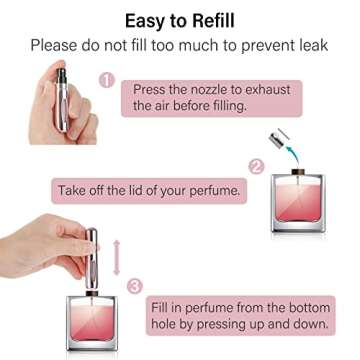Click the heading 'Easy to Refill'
click(180, 20)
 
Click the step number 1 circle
click(107, 79)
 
